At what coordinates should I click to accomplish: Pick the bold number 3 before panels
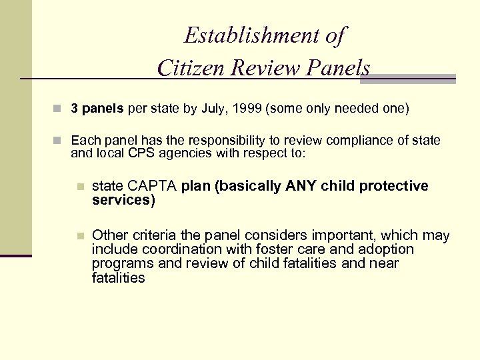[75, 109]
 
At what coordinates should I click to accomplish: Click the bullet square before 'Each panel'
[60, 141]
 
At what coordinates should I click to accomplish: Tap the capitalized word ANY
[302, 185]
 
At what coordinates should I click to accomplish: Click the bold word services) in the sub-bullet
[123, 199]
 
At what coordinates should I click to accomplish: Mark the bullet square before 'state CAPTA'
[80, 187]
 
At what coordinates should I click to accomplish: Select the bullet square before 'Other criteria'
[80, 236]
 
